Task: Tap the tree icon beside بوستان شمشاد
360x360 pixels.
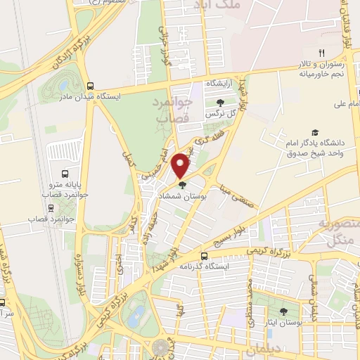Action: click(x=183, y=185)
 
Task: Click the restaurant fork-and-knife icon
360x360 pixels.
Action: click(x=321, y=53)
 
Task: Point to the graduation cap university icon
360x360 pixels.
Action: click(x=315, y=133)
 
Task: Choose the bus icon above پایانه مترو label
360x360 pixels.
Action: click(x=65, y=174)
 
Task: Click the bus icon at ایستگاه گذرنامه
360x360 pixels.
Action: click(x=204, y=256)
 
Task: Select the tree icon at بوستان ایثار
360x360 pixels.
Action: click(x=283, y=311)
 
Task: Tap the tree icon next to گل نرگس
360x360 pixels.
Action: click(x=220, y=103)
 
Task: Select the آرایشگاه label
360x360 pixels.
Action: click(x=220, y=83)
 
